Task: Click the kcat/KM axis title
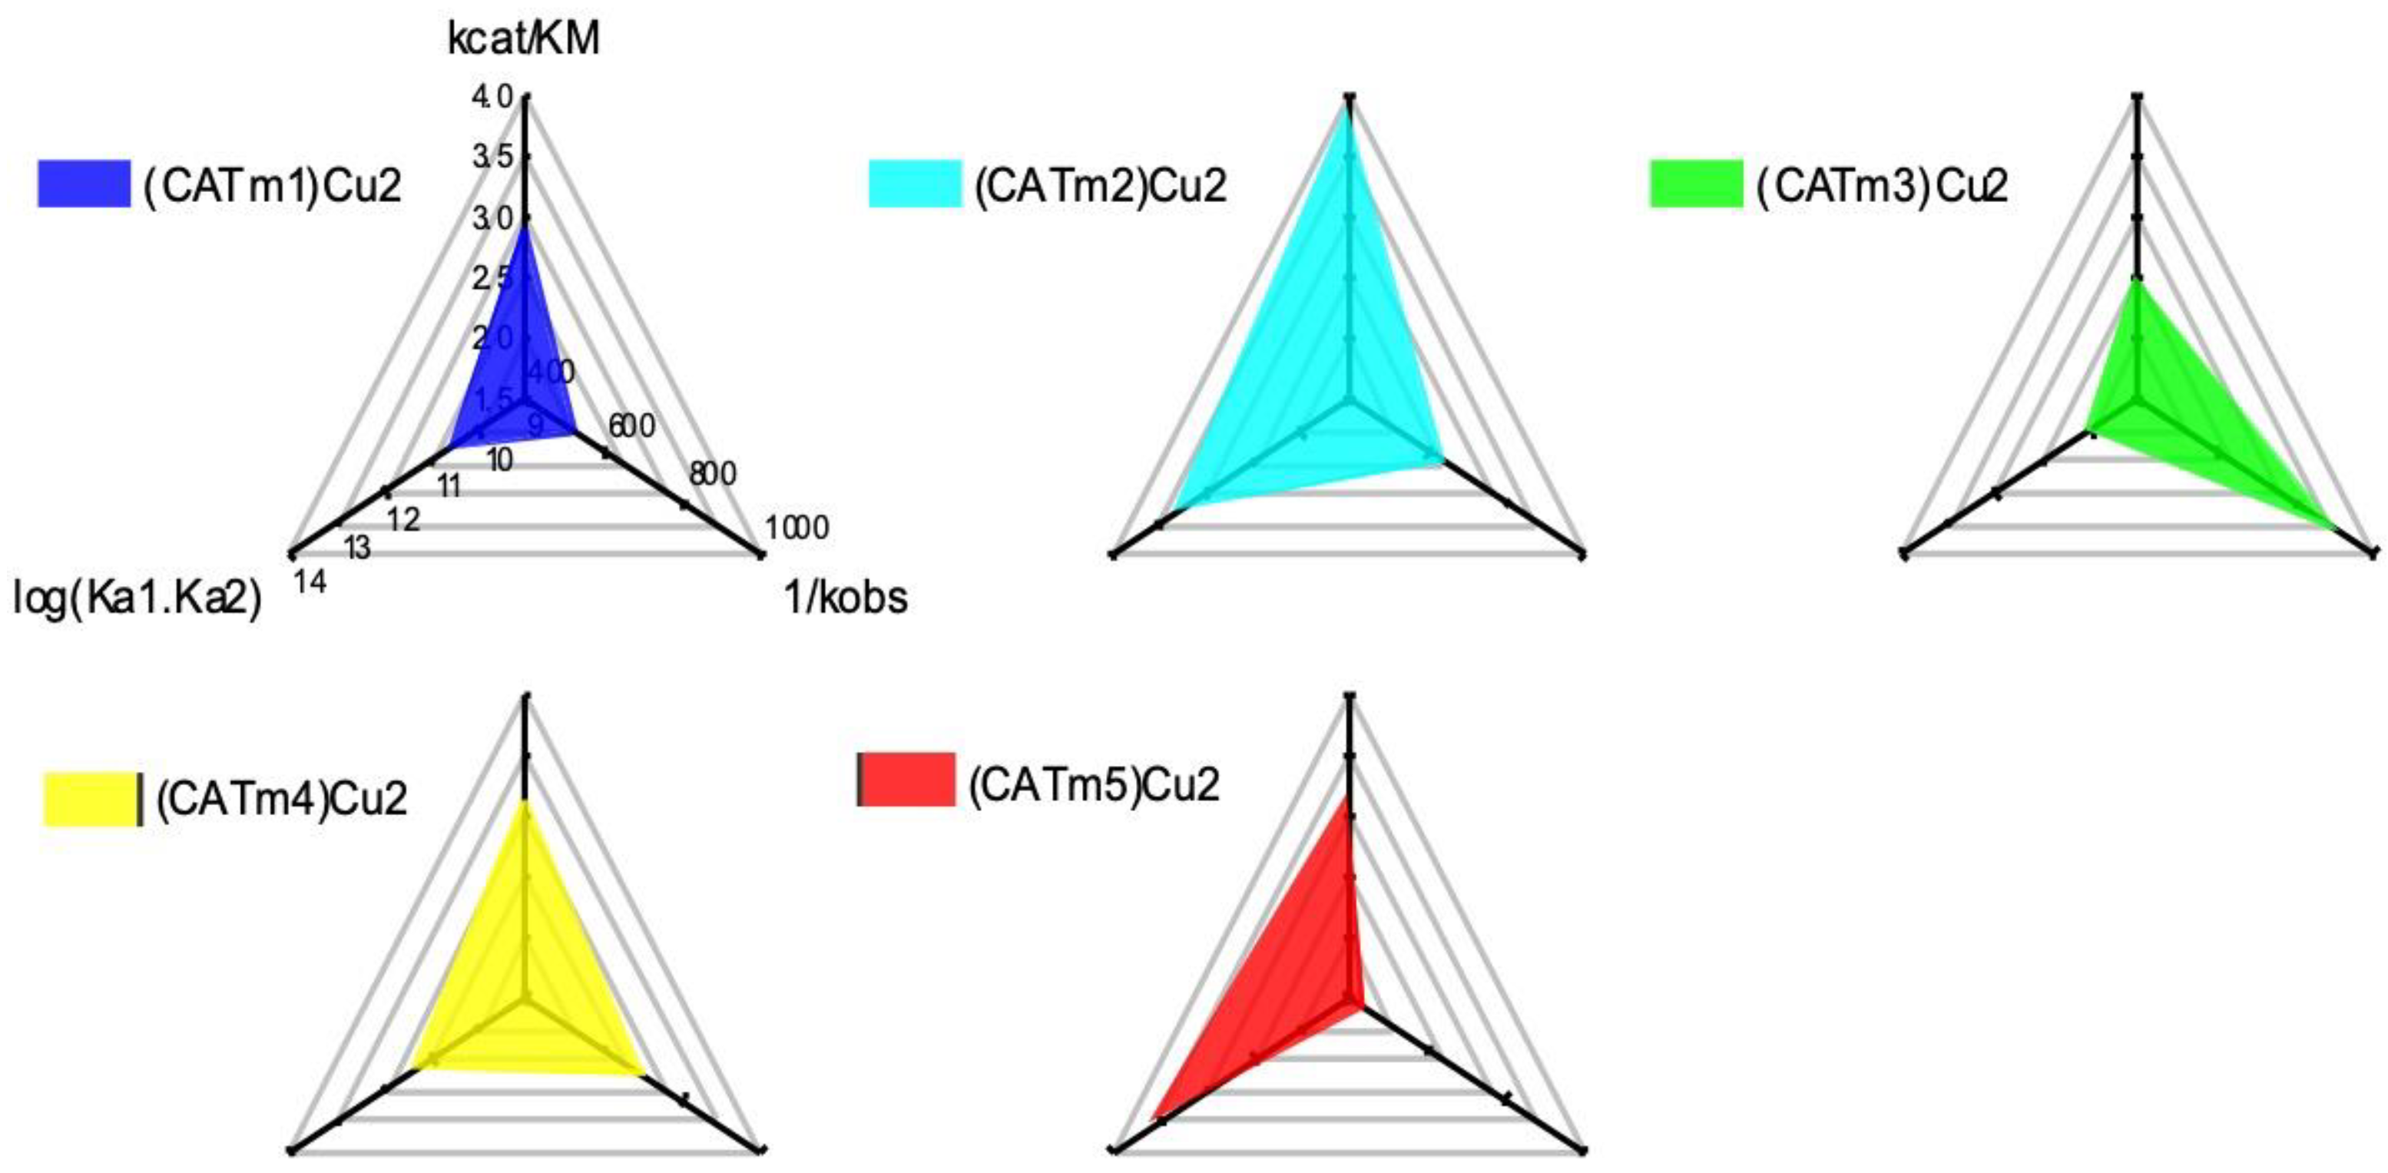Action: tap(524, 40)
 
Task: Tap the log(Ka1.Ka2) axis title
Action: tap(137, 598)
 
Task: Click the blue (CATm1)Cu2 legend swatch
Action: tap(84, 184)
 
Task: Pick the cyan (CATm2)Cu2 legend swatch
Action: tap(914, 184)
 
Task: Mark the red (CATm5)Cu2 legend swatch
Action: tap(906, 779)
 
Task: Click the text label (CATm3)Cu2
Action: tap(1882, 185)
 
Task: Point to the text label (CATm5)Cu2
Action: tap(1094, 784)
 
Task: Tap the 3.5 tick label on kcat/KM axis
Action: tap(492, 157)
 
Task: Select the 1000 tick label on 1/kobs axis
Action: tap(797, 528)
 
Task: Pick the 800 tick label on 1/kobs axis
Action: tap(712, 474)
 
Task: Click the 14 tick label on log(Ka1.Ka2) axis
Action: tap(310, 582)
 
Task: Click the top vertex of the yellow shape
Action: tap(525, 803)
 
